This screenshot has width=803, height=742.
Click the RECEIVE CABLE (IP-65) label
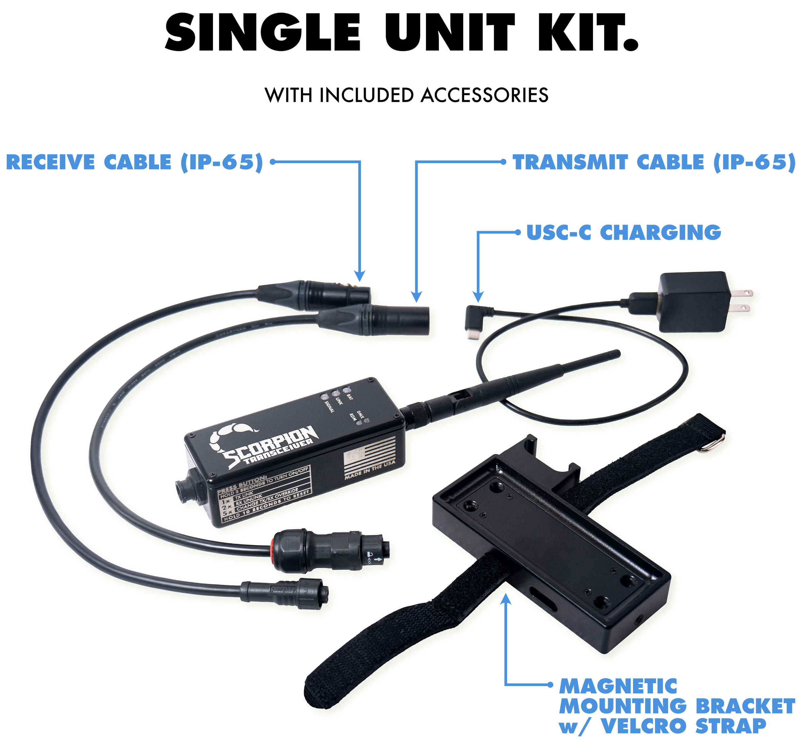[135, 162]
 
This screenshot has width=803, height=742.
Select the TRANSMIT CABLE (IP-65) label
[654, 162]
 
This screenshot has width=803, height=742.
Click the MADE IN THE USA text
[370, 470]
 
